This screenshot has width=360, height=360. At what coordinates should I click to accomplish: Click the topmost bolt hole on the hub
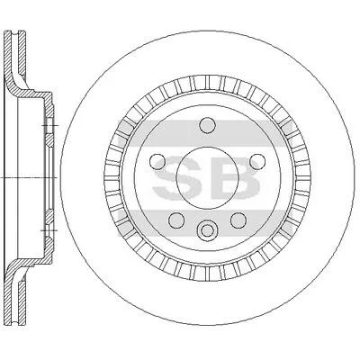point(208,125)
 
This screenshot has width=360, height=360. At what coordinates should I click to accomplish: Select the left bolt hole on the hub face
point(157,161)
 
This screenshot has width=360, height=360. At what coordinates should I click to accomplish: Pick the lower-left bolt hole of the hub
point(176,220)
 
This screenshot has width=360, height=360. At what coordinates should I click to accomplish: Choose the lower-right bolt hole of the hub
point(238,220)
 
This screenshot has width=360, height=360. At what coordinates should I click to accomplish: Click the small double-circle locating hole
point(207,230)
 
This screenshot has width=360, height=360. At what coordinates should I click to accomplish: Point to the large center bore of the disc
point(208,178)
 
